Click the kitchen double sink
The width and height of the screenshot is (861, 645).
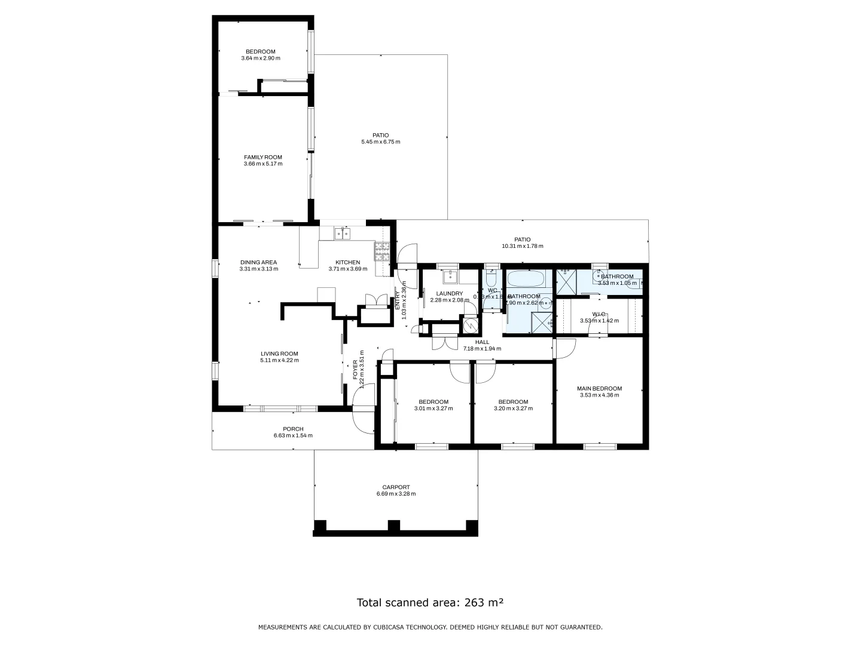click(x=342, y=233)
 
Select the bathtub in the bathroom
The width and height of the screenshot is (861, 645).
click(x=526, y=279)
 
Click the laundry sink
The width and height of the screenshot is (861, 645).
click(x=450, y=277)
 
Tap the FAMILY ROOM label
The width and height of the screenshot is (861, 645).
click(x=262, y=158)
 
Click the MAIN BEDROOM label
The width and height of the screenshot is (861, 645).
click(x=599, y=388)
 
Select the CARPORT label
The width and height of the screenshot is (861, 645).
click(x=396, y=487)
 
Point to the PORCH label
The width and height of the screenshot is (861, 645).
click(x=293, y=429)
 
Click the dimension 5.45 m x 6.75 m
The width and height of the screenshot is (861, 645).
click(x=380, y=142)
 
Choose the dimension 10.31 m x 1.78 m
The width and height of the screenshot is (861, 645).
click(x=522, y=246)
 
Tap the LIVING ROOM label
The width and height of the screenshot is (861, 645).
click(x=279, y=354)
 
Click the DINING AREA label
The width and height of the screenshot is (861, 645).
click(x=258, y=262)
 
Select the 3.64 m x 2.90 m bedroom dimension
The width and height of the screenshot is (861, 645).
click(x=261, y=59)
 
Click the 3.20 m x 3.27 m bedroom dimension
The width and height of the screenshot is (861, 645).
click(x=513, y=408)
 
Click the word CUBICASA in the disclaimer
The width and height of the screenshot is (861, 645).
click(x=391, y=627)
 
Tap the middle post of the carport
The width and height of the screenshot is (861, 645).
click(x=393, y=526)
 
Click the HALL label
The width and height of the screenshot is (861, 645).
click(x=482, y=342)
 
